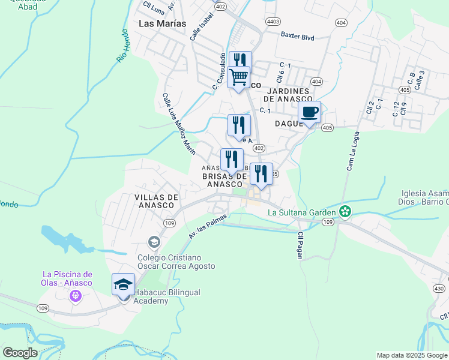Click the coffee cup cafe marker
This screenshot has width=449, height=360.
(x=310, y=113)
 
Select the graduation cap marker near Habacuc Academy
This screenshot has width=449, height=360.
(x=123, y=285)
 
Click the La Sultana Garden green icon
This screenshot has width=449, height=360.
(x=345, y=211)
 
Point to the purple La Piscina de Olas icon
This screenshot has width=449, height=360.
(x=75, y=295)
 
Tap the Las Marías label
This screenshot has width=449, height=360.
(x=162, y=23)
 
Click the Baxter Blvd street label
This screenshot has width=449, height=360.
(x=298, y=37)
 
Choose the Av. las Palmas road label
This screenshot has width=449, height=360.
(x=208, y=225)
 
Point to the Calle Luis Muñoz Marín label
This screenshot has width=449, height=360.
(x=179, y=123)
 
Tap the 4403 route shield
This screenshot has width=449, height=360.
(x=273, y=21)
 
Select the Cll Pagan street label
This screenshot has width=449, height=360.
(x=300, y=245)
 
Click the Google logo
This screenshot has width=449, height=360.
(x=20, y=352)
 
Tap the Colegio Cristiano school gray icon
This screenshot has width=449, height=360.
(x=154, y=242)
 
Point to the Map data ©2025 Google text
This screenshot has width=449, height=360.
(x=411, y=355)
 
